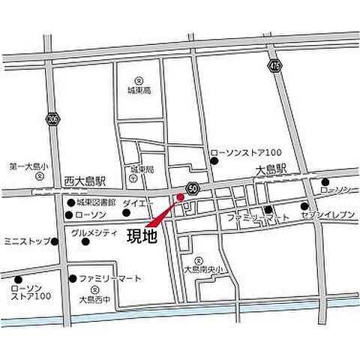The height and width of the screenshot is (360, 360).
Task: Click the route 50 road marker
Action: tap(193, 187)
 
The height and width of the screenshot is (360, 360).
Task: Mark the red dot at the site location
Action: tap(178, 197)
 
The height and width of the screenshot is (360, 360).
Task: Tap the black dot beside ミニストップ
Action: tap(54, 242)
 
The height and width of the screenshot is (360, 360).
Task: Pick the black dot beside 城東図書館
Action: tap(70, 202)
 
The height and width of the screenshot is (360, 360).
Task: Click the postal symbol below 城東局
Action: tap(132, 180)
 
